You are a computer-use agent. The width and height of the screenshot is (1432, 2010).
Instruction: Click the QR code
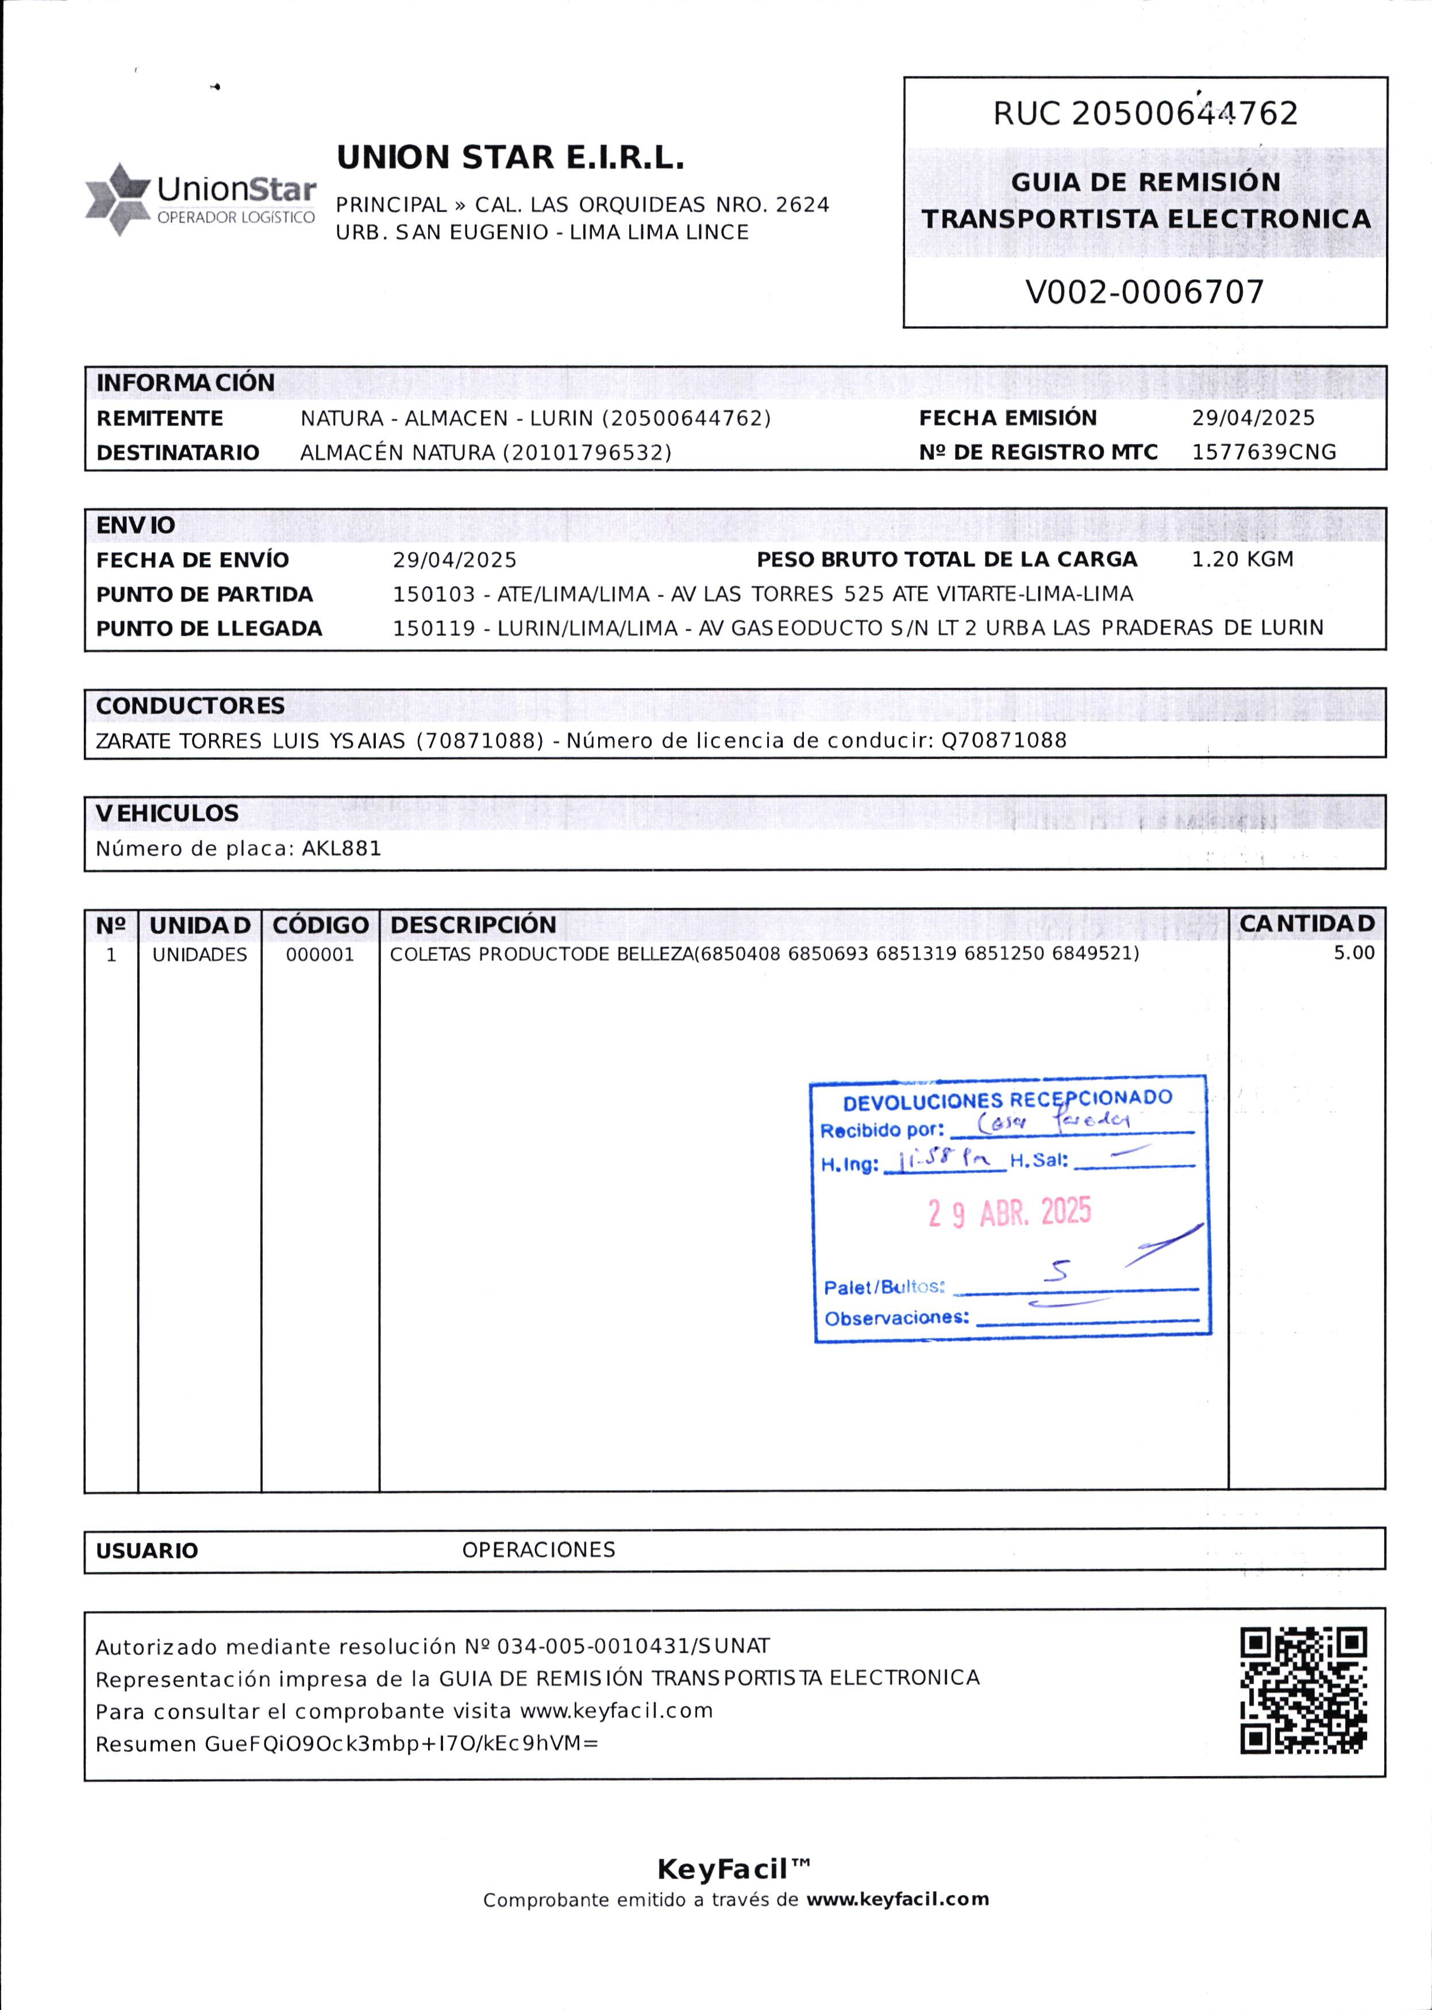(x=1303, y=1690)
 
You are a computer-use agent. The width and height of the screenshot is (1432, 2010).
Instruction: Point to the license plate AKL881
(x=341, y=848)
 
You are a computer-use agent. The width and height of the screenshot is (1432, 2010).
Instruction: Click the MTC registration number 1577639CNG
(x=1264, y=452)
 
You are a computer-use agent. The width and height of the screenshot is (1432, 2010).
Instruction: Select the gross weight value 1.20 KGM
(x=1242, y=559)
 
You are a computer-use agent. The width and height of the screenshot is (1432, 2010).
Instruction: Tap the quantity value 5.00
(x=1353, y=952)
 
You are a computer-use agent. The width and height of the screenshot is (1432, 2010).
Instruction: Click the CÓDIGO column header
(x=320, y=925)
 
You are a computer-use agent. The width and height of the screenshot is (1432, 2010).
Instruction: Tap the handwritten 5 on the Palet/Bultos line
(x=1056, y=1270)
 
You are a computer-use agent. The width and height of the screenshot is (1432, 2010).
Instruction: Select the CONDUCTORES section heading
(x=190, y=705)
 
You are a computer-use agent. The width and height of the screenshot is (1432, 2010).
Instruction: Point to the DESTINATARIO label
(x=177, y=453)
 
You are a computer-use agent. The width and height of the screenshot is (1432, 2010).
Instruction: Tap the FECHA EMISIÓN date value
(x=1252, y=418)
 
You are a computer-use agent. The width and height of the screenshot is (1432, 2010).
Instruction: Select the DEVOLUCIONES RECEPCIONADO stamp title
(x=1007, y=1099)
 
